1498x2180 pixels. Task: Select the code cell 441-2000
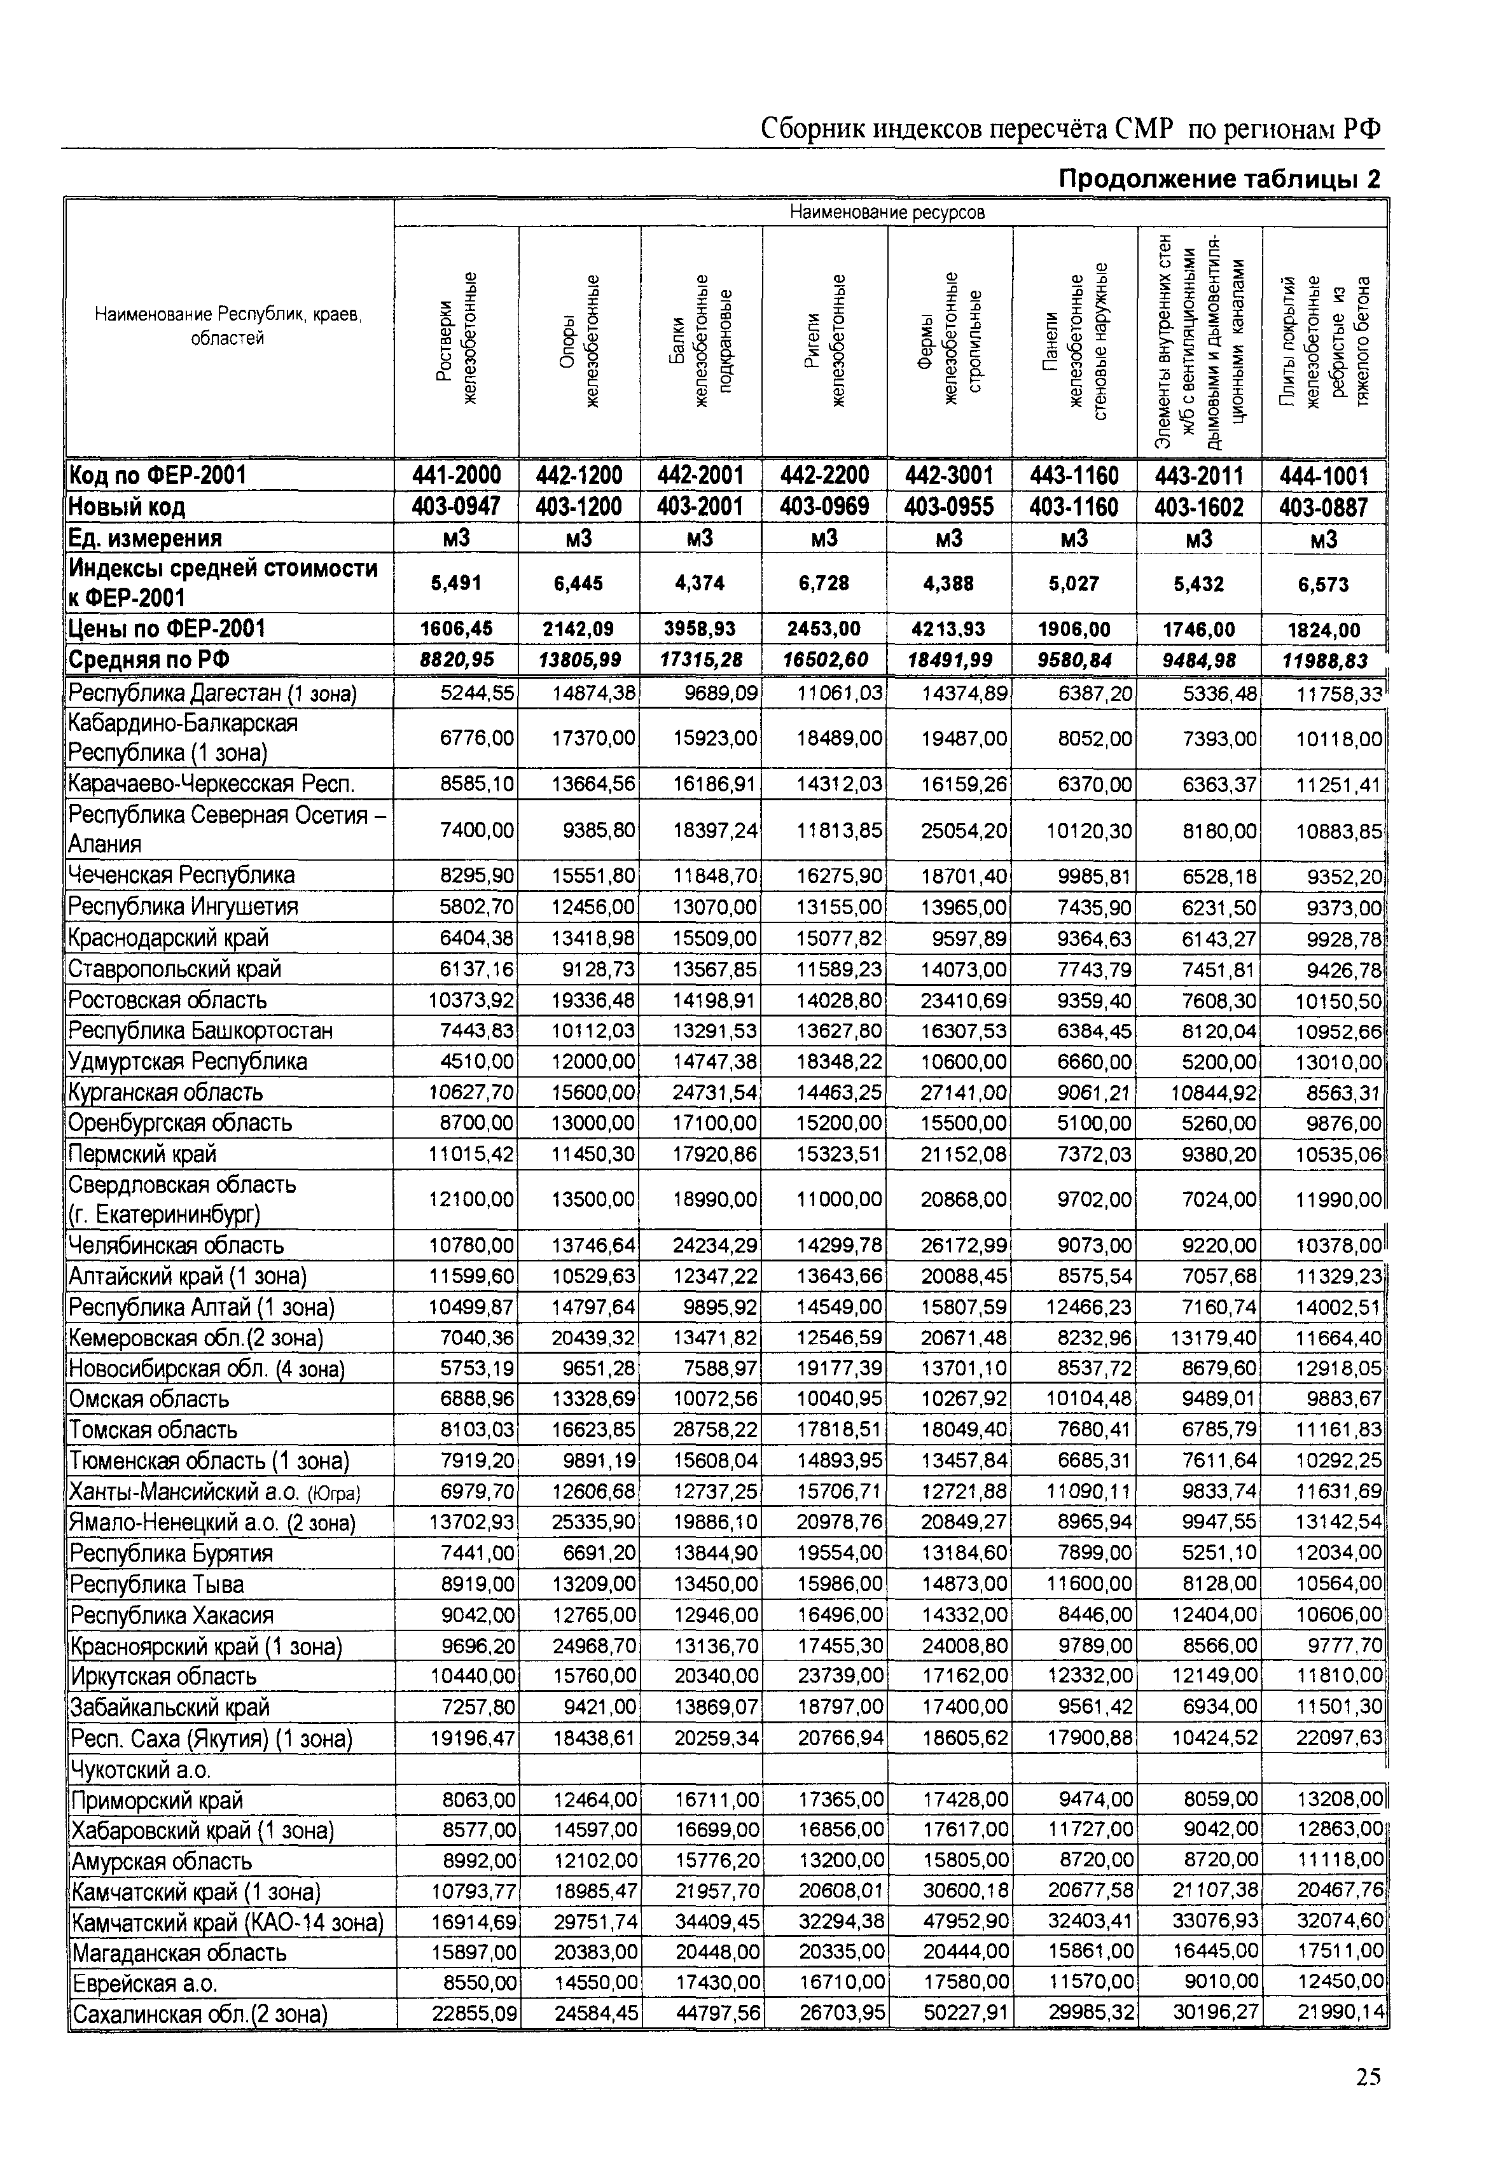click(x=456, y=476)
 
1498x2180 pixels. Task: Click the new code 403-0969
click(x=824, y=507)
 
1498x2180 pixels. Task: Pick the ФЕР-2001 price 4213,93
click(x=949, y=628)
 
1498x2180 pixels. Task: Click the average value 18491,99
click(x=949, y=660)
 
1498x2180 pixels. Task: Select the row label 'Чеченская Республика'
click(x=181, y=875)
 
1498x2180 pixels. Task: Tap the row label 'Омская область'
click(x=149, y=1399)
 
